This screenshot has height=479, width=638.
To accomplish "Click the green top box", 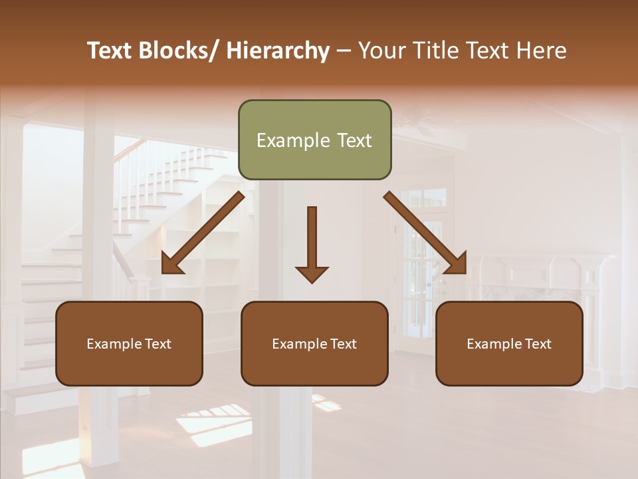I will pos(314,140).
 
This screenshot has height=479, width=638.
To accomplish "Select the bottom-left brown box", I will pos(129,343).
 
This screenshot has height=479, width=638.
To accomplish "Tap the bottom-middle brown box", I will pos(314,343).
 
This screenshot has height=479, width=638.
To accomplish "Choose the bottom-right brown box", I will pos(509,343).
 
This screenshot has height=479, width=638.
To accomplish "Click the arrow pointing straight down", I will pos(312,243).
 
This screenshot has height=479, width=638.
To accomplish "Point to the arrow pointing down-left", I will pos(203,233).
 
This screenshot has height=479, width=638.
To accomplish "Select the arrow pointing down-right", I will pos(425,233).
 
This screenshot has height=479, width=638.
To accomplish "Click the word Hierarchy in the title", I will pos(278,51).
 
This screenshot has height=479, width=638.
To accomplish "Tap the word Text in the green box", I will pos(354,140).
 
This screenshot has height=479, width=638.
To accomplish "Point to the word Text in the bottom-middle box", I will pos(343,344).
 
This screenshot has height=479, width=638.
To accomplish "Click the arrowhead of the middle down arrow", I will pos(312,273).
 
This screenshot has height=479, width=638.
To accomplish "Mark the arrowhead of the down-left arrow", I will pos(171,264).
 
